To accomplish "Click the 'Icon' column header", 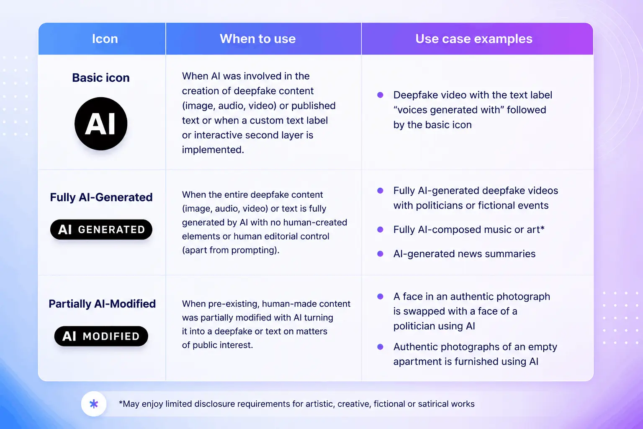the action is (105, 39).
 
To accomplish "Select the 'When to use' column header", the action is (257, 39).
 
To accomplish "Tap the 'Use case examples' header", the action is (473, 39).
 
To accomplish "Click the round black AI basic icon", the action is (101, 124).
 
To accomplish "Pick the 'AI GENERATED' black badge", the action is (101, 230).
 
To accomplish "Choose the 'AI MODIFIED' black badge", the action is (101, 336).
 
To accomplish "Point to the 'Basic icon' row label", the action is (101, 78).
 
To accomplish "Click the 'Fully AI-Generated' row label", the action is (101, 197).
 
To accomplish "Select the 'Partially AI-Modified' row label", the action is (102, 304).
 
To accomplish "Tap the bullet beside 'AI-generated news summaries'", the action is (380, 254).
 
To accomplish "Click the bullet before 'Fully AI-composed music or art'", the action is (380, 229).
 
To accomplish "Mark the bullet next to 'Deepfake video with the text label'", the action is (380, 95).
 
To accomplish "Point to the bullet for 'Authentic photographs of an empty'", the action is (380, 346).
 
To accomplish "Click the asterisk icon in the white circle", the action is (94, 404).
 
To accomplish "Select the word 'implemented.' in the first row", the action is (213, 150).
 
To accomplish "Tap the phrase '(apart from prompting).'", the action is (231, 250).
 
